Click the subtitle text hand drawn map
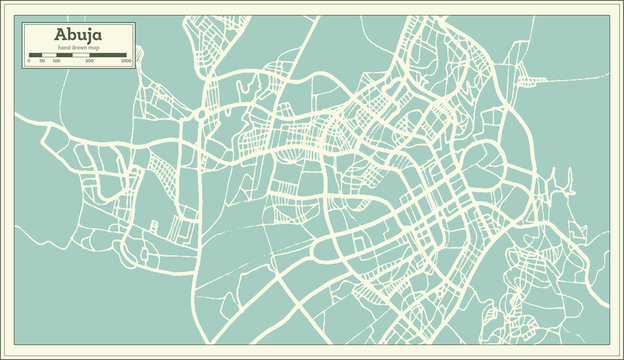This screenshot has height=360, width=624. [x=79, y=47]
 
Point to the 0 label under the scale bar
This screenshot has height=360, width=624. [x=29, y=61]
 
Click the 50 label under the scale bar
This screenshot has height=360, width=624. [x=42, y=61]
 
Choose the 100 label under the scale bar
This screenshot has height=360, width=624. [x=56, y=61]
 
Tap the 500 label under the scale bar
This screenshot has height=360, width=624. [x=90, y=61]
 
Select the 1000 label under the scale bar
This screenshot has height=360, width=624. [x=126, y=61]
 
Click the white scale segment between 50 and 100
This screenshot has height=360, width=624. [x=49, y=54]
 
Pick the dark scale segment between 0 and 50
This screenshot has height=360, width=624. [x=35, y=54]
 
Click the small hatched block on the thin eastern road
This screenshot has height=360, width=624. [x=531, y=80]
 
